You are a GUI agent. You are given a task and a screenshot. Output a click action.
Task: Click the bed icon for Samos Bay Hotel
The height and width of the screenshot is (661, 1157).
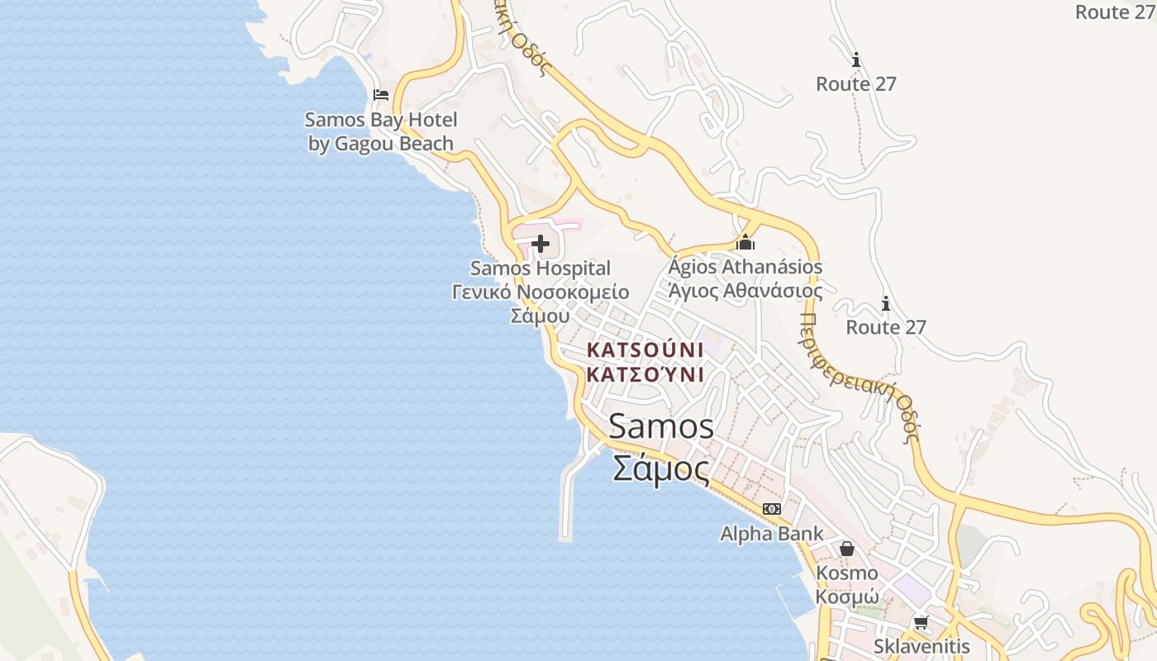(381, 95)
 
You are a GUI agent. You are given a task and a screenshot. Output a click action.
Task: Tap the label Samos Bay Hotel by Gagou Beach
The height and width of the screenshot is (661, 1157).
(381, 132)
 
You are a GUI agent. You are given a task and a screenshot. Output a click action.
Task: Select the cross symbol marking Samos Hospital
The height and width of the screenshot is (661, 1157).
(540, 244)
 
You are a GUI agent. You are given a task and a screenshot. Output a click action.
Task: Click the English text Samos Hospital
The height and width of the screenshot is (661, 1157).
(540, 269)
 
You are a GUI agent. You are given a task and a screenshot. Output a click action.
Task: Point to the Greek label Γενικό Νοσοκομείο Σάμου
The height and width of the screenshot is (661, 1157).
(540, 303)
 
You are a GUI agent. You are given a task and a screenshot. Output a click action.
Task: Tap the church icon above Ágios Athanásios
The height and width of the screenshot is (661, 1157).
(745, 243)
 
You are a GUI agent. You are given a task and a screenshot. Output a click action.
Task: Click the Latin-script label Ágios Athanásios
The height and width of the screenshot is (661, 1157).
(745, 267)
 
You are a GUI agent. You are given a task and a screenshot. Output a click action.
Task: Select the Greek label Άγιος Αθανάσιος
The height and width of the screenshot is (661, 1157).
(745, 291)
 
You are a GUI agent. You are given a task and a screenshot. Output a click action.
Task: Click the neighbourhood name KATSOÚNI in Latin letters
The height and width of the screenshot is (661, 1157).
(645, 350)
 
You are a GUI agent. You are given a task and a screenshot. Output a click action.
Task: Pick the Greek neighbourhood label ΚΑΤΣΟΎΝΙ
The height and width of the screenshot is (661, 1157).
(645, 374)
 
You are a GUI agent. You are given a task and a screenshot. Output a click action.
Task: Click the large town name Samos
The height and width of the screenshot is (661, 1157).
(661, 426)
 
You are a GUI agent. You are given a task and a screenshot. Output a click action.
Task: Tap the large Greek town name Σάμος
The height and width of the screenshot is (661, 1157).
(661, 469)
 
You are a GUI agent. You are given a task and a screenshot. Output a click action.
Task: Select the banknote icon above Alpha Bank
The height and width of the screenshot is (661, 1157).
(772, 509)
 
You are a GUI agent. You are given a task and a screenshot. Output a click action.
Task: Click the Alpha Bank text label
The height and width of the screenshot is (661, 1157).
(772, 534)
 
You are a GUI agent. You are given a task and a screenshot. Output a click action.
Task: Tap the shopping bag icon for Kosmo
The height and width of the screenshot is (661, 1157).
(847, 549)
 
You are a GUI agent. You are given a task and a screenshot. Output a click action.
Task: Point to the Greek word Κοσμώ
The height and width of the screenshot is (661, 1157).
(847, 597)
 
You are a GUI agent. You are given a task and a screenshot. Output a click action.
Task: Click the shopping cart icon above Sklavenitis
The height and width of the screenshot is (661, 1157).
(921, 622)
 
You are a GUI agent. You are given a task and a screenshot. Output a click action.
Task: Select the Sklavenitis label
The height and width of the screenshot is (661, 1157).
(921, 646)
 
